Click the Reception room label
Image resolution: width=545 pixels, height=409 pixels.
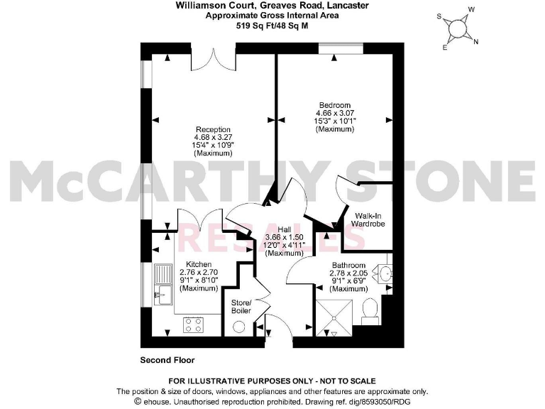(x=213, y=129)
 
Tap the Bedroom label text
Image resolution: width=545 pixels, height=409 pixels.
(x=335, y=104)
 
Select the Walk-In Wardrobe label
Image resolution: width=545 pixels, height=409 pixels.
(x=367, y=219)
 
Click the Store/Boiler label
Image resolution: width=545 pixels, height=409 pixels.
(x=241, y=306)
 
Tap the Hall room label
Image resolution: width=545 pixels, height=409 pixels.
(x=285, y=229)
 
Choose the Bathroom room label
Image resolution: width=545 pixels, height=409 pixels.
(x=348, y=265)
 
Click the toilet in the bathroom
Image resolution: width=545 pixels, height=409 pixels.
(x=369, y=310)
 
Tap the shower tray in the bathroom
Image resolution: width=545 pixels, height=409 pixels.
(x=333, y=316)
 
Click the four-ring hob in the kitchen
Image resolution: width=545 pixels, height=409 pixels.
(x=193, y=325)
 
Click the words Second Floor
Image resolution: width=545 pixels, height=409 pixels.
(x=167, y=360)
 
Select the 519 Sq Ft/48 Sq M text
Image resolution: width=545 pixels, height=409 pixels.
(x=272, y=24)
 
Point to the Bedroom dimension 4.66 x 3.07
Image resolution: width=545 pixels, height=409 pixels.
(x=335, y=113)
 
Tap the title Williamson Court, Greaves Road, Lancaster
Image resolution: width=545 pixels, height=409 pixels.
(x=272, y=6)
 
